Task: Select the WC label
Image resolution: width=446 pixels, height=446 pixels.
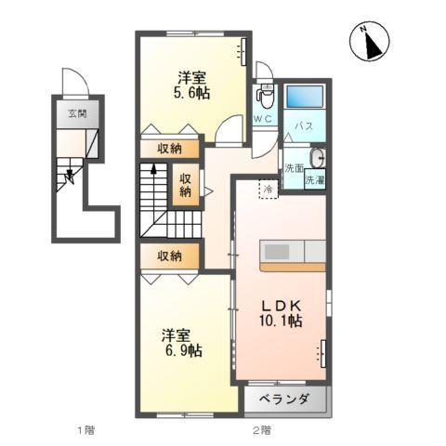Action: click(261, 118)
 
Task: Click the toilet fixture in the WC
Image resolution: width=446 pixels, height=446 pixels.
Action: click(264, 95)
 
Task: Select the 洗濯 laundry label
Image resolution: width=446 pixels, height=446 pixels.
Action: click(314, 178)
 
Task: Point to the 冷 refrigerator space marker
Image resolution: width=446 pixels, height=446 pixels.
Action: click(268, 190)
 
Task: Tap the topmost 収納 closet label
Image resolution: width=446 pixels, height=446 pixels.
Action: click(169, 148)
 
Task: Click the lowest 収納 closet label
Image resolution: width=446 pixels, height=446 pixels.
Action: click(169, 256)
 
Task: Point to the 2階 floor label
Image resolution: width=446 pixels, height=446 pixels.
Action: click(261, 429)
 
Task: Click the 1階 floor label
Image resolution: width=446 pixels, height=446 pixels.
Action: click(85, 429)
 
